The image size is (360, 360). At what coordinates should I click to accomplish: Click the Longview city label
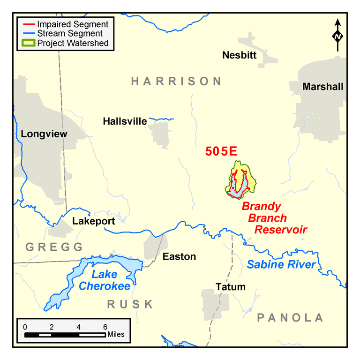[x=44, y=134]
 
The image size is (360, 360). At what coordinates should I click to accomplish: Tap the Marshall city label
[x=323, y=87]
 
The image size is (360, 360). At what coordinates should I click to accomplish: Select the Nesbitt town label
[x=240, y=55]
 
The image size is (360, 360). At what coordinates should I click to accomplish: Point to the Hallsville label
[x=125, y=121]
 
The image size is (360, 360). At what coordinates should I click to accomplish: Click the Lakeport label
[x=93, y=221]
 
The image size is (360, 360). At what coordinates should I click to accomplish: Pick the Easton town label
[x=179, y=256]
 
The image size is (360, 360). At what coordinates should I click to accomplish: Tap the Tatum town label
[x=230, y=286]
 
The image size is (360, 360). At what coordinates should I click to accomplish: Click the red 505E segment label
[x=221, y=151]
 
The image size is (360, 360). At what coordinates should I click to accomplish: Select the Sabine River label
[x=281, y=264]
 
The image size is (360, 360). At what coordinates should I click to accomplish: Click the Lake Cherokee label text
[x=104, y=280]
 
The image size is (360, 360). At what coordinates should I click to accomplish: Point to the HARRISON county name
[x=176, y=82]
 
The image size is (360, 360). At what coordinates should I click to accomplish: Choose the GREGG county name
[x=54, y=247]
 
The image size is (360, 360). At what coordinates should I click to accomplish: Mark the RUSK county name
[x=130, y=304]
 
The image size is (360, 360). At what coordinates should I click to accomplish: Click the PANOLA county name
[x=290, y=318]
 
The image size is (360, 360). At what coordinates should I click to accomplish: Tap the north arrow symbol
[x=337, y=35]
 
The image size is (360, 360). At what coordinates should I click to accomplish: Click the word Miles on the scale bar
[x=116, y=334]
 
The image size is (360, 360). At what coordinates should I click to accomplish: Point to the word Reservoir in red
[x=280, y=230]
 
